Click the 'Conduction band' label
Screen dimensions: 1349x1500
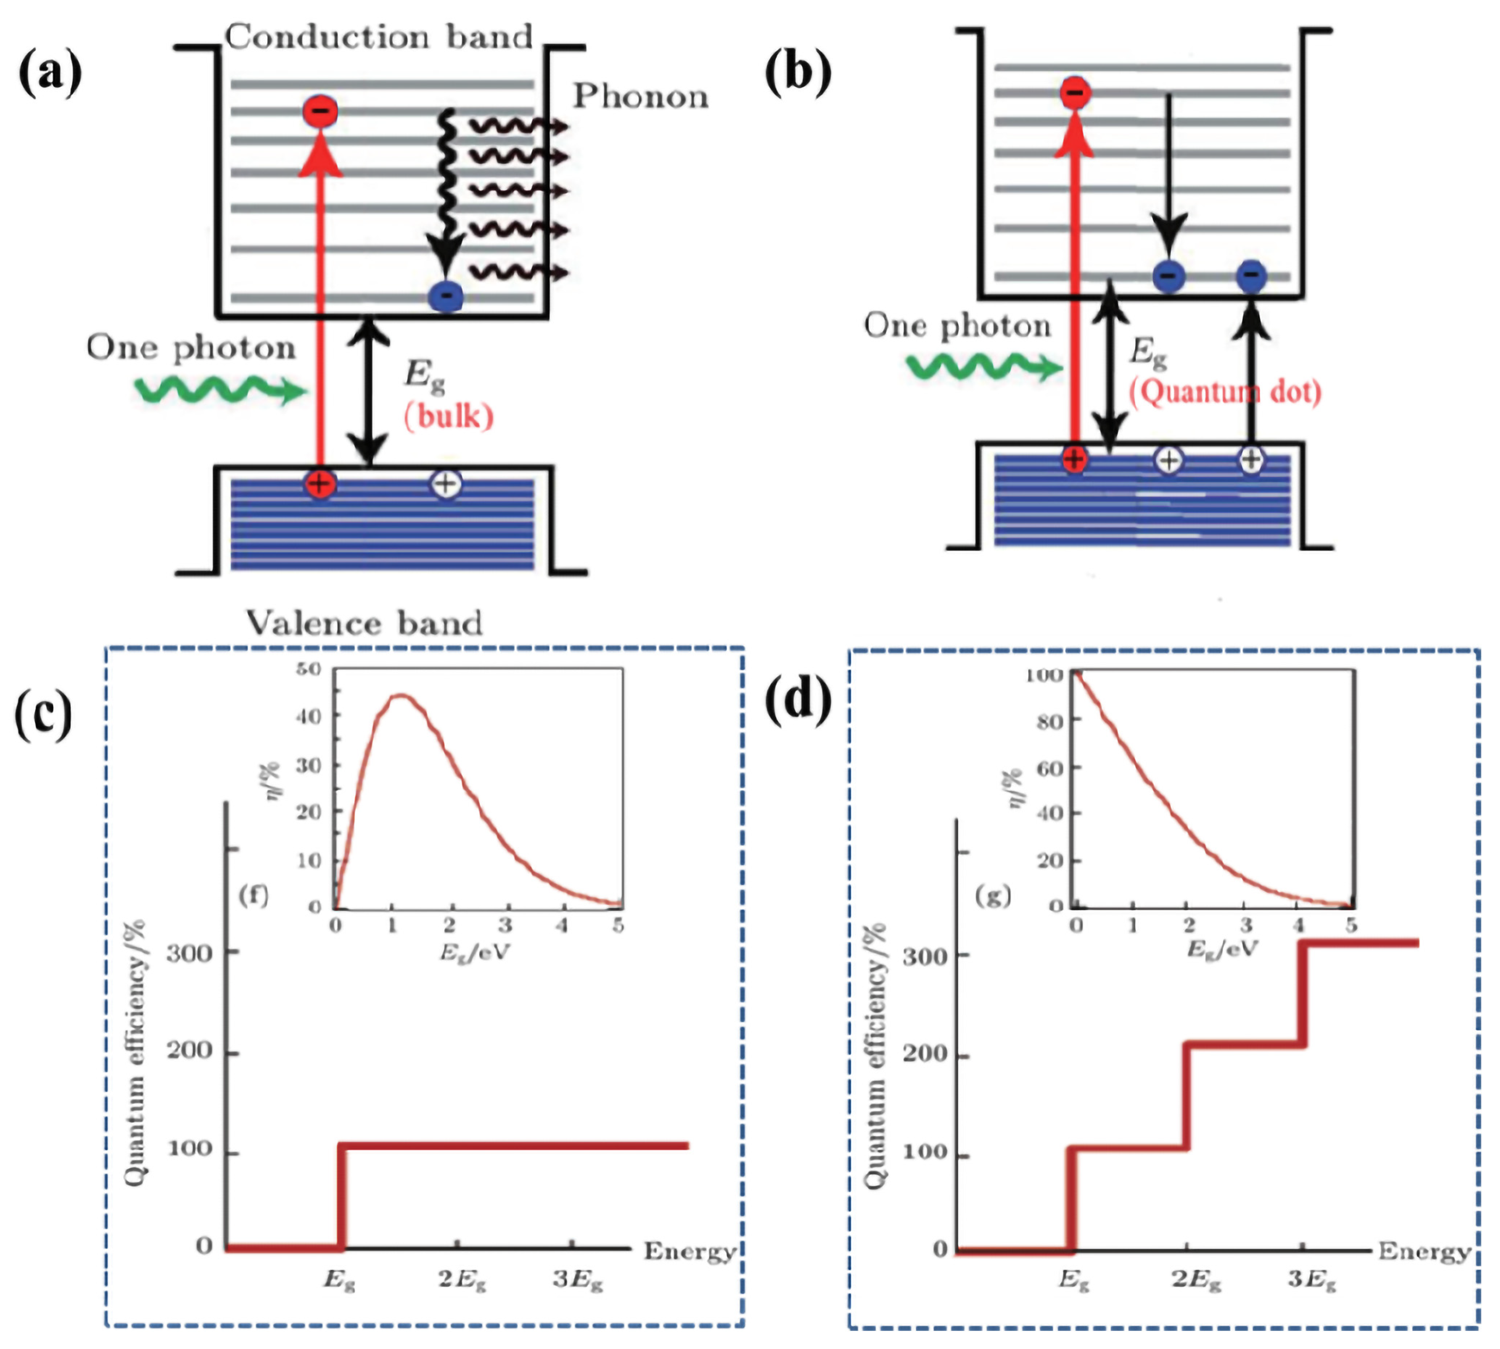pos(379,37)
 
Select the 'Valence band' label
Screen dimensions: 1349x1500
pos(364,622)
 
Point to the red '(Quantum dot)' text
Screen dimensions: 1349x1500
pos(1225,391)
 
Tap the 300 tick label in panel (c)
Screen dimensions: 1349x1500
pos(189,953)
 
